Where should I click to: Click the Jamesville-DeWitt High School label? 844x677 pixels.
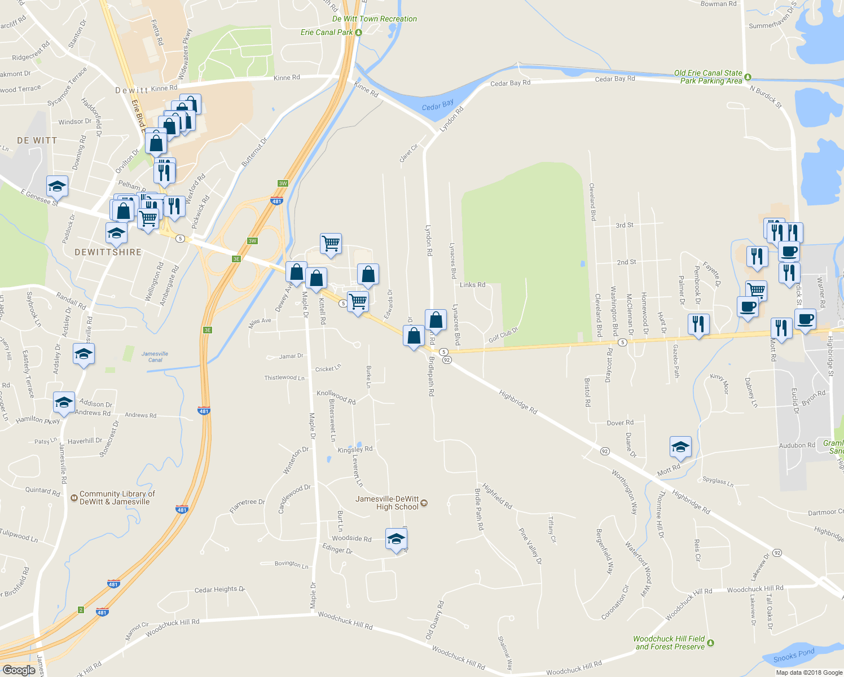point(388,503)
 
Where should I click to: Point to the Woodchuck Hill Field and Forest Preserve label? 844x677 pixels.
point(669,643)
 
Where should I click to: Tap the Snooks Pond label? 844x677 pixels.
point(794,656)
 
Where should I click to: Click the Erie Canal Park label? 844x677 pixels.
point(327,32)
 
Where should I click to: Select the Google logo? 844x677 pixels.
point(19,670)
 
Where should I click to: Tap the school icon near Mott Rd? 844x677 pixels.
point(680,447)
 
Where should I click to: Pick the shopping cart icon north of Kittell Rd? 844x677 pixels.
point(331,244)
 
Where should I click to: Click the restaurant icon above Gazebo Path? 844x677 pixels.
point(698,324)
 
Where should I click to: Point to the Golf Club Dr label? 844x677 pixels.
point(503,335)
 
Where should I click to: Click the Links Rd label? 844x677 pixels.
point(472,285)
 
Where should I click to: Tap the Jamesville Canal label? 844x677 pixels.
point(155,357)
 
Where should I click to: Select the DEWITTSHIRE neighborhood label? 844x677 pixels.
point(108,252)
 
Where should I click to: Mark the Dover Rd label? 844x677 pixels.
point(620,423)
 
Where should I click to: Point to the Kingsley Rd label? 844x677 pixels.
point(355,450)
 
